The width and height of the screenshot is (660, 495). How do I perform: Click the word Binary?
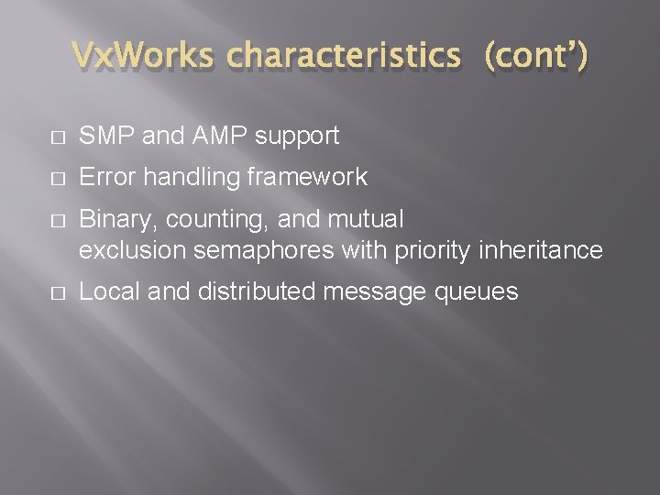tap(113, 220)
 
